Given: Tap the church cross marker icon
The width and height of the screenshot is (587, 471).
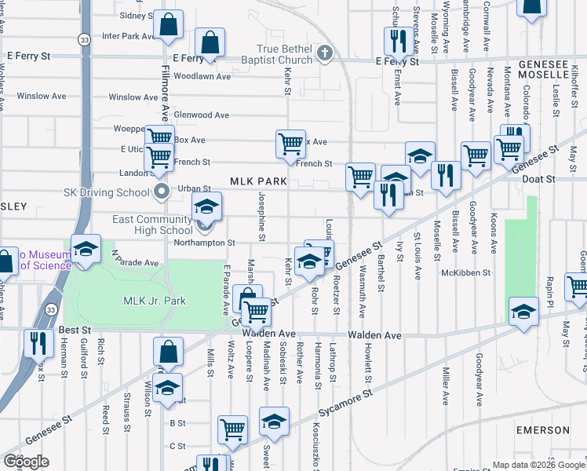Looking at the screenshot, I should (x=325, y=53).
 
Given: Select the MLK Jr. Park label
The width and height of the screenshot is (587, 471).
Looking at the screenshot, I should (x=154, y=301).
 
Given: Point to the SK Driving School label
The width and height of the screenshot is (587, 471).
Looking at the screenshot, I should (x=108, y=192).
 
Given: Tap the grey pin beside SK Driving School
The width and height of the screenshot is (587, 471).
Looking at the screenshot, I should (x=162, y=192).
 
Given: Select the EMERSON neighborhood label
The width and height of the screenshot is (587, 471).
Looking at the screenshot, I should (x=543, y=430).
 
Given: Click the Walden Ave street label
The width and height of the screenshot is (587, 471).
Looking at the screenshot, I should (x=375, y=335).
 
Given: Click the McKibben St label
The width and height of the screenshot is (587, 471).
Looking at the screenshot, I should (x=465, y=273).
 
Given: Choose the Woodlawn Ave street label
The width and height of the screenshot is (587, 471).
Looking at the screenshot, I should (x=202, y=77).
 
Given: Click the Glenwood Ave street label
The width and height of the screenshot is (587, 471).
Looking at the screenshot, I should (x=202, y=115).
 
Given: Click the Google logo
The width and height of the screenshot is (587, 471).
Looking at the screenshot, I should (x=27, y=462).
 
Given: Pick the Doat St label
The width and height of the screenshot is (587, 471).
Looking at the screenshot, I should (x=539, y=179).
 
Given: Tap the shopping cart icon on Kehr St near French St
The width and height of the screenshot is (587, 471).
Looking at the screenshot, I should (x=290, y=144).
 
